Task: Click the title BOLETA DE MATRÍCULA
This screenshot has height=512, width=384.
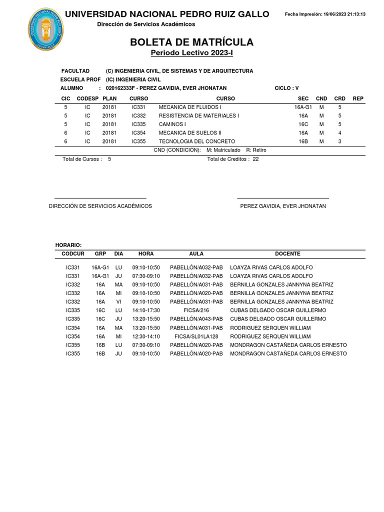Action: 192,42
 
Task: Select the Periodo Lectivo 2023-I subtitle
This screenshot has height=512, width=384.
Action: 192,53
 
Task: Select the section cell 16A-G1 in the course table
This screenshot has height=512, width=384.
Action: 303,107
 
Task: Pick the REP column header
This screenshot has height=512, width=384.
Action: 358,98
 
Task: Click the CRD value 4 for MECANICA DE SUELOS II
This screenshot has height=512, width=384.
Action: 339,133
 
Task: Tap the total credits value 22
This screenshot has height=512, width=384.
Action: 255,159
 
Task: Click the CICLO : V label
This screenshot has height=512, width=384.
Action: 286,88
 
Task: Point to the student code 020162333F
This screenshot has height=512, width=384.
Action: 123,88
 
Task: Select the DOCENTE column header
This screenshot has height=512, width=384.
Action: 287,254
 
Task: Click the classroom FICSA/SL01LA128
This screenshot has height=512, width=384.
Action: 196,336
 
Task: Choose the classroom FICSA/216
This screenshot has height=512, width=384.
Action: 196,310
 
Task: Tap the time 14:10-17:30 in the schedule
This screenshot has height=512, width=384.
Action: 146,310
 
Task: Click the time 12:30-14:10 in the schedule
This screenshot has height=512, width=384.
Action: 146,336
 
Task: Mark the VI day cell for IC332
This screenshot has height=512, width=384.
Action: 118,302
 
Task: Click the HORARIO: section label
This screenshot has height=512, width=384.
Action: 68,245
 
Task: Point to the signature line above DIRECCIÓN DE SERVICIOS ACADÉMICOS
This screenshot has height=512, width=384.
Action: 100,198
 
